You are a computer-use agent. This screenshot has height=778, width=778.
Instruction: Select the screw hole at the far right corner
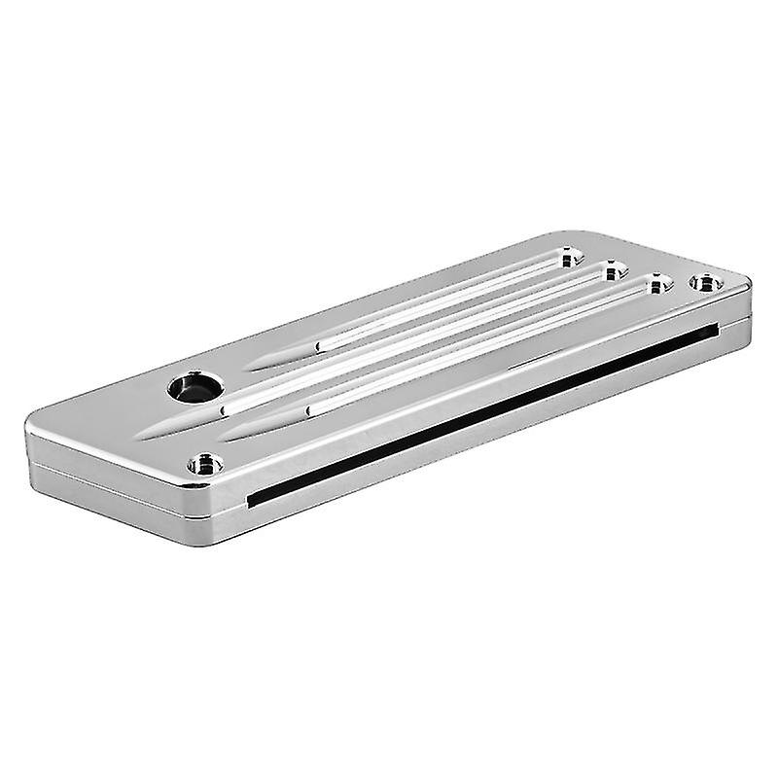(706, 283)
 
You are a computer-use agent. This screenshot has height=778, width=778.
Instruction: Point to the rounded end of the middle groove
(614, 271)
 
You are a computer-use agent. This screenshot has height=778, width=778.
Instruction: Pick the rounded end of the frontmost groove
(658, 284)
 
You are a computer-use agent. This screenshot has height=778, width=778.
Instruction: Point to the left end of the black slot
(251, 500)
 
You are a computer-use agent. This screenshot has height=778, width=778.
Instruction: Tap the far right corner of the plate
(750, 284)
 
